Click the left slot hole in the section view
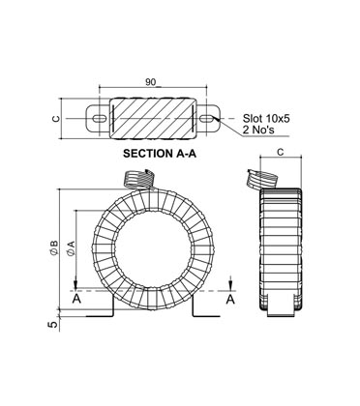pos(99,120)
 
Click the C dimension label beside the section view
pos(56,120)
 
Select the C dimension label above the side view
pos(280,153)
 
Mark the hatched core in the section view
pos(153,120)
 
